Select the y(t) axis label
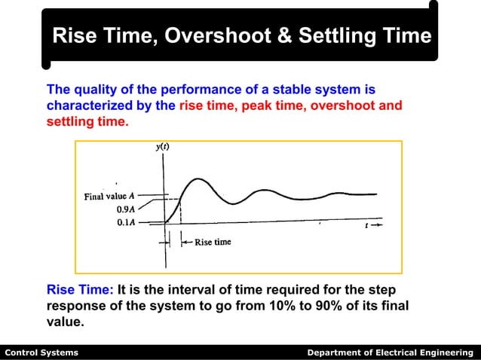pyautogui.click(x=162, y=148)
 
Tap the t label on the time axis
pyautogui.click(x=367, y=224)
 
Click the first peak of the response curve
pyautogui.click(x=198, y=179)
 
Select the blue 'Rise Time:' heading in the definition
pyautogui.click(x=80, y=290)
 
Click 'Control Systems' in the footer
pyautogui.click(x=41, y=352)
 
